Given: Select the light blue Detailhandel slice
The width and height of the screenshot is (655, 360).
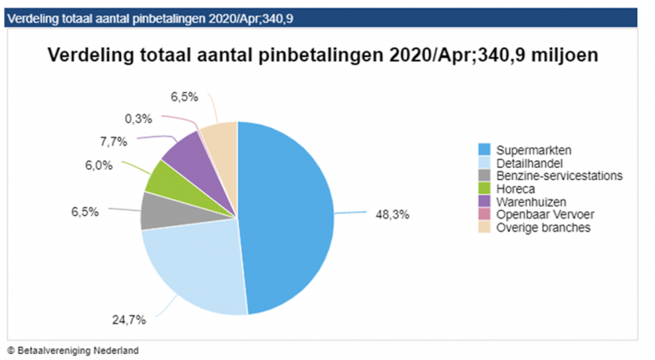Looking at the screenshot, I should (x=192, y=264).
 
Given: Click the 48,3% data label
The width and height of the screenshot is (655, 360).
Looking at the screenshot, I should (x=393, y=215).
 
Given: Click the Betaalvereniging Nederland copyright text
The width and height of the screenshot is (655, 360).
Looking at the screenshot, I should (x=72, y=350).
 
